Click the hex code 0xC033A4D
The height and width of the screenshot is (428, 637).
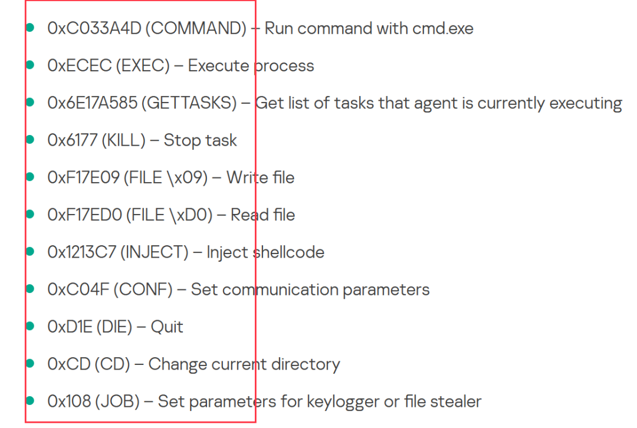click(x=94, y=28)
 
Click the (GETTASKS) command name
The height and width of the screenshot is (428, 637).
click(x=191, y=103)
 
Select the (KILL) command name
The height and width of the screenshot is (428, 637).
click(x=123, y=140)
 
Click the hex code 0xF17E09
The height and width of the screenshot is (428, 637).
click(x=83, y=177)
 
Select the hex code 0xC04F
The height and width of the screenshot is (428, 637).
click(x=78, y=289)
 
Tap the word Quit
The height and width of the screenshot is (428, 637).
click(x=167, y=327)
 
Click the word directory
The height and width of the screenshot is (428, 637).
click(x=306, y=364)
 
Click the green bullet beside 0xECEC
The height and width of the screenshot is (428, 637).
click(x=31, y=65)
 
